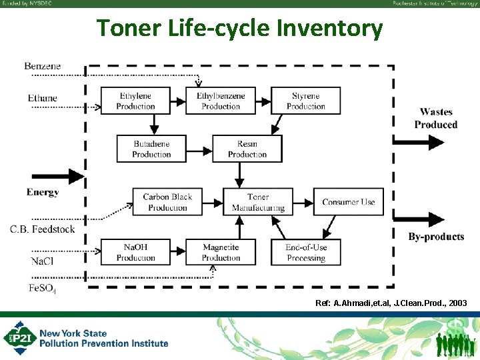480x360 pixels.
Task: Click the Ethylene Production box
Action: (x=135, y=101)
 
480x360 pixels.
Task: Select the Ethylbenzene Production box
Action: (x=221, y=101)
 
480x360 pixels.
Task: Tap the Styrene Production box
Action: (x=306, y=101)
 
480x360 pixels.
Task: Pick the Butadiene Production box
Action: (x=151, y=149)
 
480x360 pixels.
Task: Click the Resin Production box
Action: (x=247, y=149)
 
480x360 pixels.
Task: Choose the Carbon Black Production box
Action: (x=167, y=202)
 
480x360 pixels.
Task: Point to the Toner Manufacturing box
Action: (x=258, y=202)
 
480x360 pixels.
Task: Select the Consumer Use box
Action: (x=349, y=202)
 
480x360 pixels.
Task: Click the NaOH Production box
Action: (x=135, y=252)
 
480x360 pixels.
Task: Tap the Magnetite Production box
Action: (x=221, y=252)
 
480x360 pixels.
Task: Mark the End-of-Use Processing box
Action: (x=306, y=252)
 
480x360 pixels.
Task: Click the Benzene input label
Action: (x=43, y=66)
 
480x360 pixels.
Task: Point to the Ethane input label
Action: (x=43, y=99)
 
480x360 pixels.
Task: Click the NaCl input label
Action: (x=42, y=261)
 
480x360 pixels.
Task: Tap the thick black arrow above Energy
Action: (x=56, y=177)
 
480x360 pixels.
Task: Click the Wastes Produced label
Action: (x=435, y=119)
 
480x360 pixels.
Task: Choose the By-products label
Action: (x=436, y=237)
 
